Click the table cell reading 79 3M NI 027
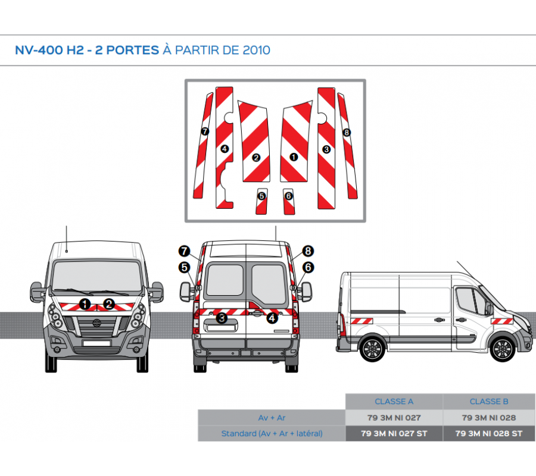point(394,418)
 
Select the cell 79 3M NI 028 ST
point(489,433)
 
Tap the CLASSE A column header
point(394,402)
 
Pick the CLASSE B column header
point(489,402)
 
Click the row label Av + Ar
point(272,418)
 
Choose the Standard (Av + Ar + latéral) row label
point(272,433)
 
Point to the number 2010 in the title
point(257,50)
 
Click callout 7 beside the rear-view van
point(184,251)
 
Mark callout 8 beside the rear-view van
point(308,251)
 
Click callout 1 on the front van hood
point(85,305)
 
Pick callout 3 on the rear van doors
point(222,318)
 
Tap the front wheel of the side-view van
point(502,349)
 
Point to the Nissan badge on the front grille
point(95,325)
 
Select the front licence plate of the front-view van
point(96,343)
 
